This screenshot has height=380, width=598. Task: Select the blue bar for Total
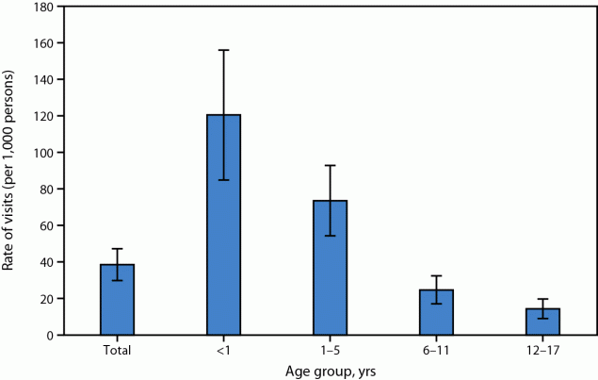coord(118,300)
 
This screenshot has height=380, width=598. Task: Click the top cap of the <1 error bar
coord(224,50)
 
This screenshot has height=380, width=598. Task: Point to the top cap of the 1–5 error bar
coord(331,166)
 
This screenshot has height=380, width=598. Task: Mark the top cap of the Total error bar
coord(118,249)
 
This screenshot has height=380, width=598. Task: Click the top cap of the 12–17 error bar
coord(543,299)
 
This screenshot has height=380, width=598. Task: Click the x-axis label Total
coord(118,351)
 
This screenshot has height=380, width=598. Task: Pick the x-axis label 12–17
coord(543,351)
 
